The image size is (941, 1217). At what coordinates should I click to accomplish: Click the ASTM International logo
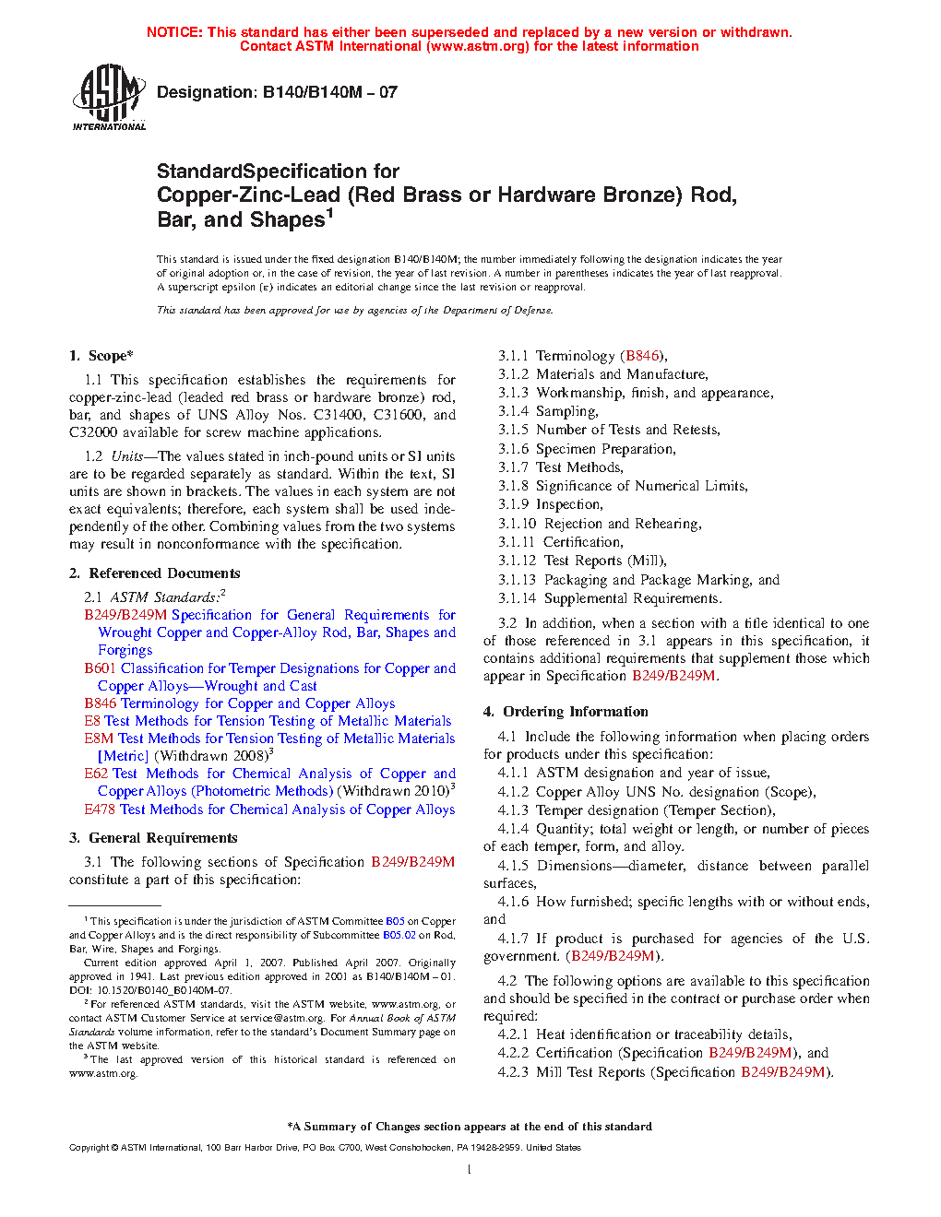109,97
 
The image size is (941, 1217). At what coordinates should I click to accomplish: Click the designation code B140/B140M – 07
330,92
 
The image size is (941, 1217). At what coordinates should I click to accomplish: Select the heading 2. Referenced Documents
155,573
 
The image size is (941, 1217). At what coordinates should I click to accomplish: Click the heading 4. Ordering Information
566,712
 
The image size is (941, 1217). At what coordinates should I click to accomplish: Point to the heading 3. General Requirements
153,838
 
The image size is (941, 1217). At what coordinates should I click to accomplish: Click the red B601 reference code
100,668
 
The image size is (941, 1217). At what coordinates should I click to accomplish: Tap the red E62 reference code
96,774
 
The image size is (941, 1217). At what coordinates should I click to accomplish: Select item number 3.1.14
517,598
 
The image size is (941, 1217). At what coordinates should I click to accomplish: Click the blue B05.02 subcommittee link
399,935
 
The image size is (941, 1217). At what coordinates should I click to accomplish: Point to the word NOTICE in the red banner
174,32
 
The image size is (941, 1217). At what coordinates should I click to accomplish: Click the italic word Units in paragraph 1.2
127,456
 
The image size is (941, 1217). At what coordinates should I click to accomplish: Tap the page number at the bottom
470,1170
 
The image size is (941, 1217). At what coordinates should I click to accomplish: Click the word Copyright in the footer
89,1148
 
